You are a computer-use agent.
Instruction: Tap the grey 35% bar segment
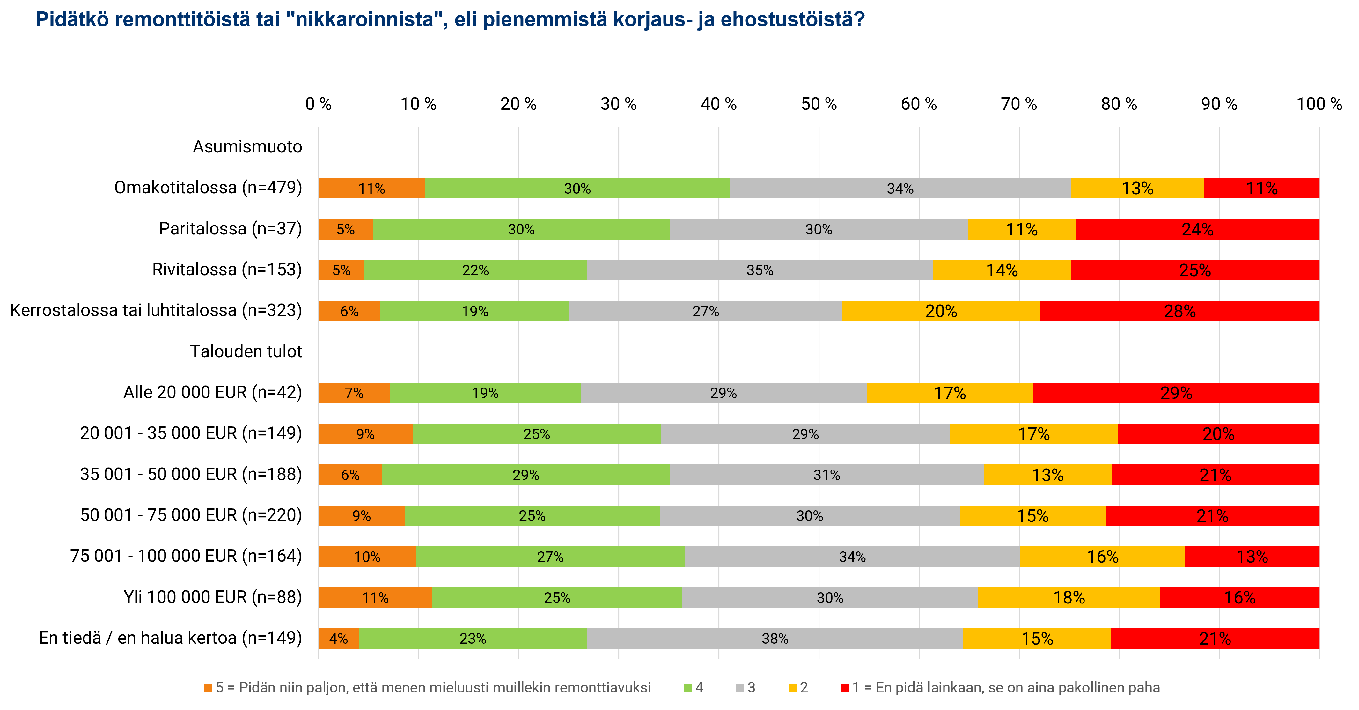tap(760, 270)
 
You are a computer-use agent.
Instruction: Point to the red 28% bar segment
tap(1179, 311)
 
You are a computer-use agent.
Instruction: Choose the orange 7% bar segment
tap(354, 393)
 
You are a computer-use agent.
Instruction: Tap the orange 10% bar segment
tap(367, 556)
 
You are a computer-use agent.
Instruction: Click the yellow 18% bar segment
tap(1069, 597)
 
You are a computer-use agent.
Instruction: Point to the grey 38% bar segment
tap(775, 638)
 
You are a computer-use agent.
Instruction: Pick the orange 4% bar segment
tap(338, 638)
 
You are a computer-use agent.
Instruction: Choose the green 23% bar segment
tap(473, 638)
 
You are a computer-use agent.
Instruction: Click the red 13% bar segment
tap(1252, 556)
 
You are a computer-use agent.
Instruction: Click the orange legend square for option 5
tap(208, 688)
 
